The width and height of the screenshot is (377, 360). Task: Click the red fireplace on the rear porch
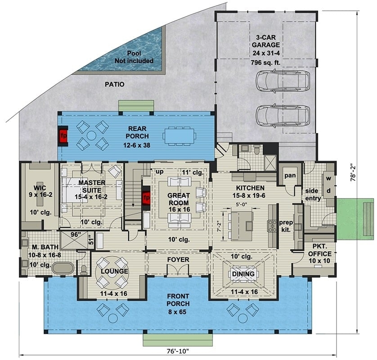click(64, 135)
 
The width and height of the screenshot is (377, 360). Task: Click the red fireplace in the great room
click(146, 198)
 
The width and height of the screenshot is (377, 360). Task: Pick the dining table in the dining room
click(243, 274)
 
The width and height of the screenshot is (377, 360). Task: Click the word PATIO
click(114, 84)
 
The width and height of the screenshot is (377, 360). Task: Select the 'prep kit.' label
click(286, 225)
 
